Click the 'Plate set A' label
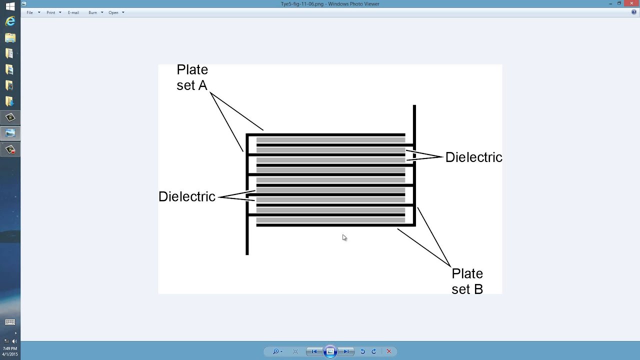(x=192, y=77)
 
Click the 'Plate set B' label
(x=467, y=281)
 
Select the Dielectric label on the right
(x=473, y=157)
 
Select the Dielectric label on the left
(x=186, y=196)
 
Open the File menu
(x=30, y=12)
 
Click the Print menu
(x=51, y=12)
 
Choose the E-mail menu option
(x=73, y=12)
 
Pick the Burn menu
(x=93, y=12)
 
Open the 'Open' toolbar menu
(x=113, y=12)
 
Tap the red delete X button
(x=389, y=351)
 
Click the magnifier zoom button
(x=275, y=351)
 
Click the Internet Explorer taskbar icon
(x=10, y=21)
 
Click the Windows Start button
(x=10, y=6)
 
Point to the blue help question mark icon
(x=634, y=12)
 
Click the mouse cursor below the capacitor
(x=344, y=237)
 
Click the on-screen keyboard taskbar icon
(x=10, y=322)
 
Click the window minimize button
(x=611, y=3)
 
